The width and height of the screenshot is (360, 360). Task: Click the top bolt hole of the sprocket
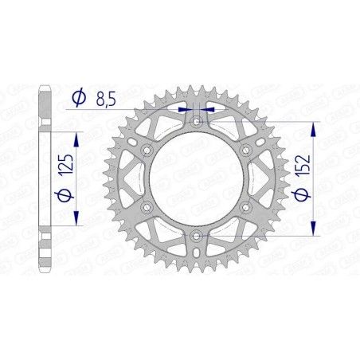coord(197,122)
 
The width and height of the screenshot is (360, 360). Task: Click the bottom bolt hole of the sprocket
coord(197,236)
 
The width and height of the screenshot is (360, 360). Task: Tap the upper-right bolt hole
coord(246,151)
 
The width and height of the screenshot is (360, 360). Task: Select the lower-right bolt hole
coord(246,207)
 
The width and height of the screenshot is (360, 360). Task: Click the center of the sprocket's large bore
coord(197,179)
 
